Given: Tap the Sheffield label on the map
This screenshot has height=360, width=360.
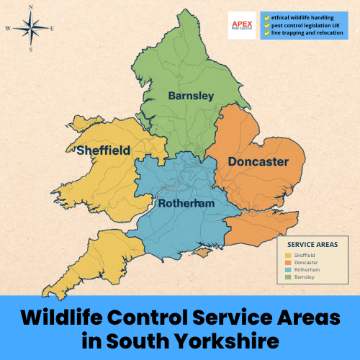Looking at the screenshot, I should point(104,150).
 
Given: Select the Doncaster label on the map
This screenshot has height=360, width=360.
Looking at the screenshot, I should point(258,162).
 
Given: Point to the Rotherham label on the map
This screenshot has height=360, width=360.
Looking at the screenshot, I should point(186,204).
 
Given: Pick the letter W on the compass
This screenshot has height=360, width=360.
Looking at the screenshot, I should point(8,29).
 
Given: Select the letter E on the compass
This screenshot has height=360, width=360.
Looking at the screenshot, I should point(52,28).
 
